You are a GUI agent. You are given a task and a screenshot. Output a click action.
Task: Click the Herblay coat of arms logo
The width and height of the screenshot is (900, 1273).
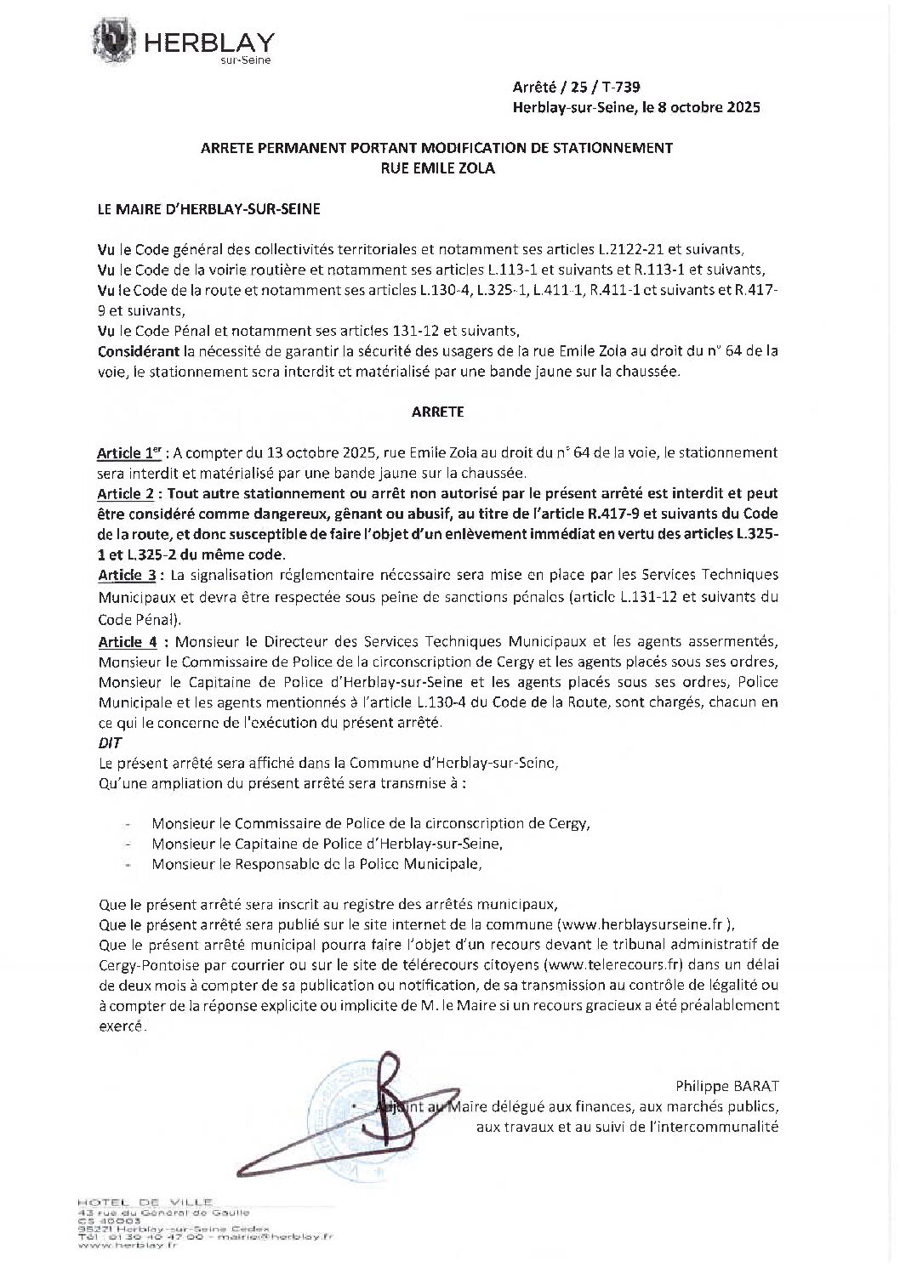[117, 41]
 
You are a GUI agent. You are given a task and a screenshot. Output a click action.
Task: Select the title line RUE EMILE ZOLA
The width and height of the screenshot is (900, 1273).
[436, 168]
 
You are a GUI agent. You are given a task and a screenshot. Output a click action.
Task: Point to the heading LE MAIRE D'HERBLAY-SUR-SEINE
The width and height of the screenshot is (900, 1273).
[209, 208]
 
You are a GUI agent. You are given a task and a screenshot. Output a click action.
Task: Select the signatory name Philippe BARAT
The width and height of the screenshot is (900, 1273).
[727, 1086]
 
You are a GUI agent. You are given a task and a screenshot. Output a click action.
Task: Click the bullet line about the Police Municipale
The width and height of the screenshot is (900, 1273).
[316, 864]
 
